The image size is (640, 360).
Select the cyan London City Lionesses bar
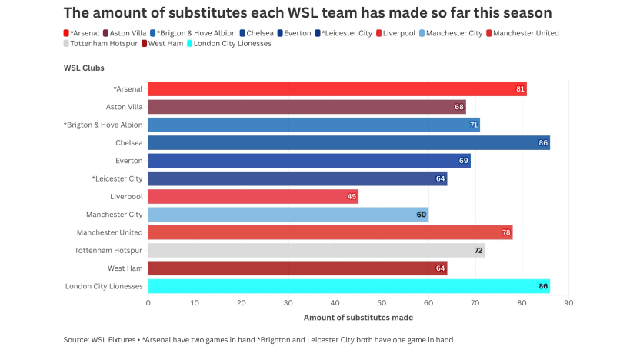pos(348,286)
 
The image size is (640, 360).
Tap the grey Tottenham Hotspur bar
pos(315,251)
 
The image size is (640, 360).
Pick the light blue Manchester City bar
pos(288,215)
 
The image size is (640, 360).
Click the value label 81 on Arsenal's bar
pos(521,89)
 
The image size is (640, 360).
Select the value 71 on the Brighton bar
pos(474,125)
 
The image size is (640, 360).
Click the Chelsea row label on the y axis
pos(129,143)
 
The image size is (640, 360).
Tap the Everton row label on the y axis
pos(129,161)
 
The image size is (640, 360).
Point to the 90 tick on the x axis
pos(568,303)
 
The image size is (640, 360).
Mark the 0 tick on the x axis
pos(148,303)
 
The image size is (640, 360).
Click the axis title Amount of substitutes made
pos(358,317)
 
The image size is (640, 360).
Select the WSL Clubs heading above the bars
pos(84,68)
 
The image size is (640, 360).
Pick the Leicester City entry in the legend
pos(347,33)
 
